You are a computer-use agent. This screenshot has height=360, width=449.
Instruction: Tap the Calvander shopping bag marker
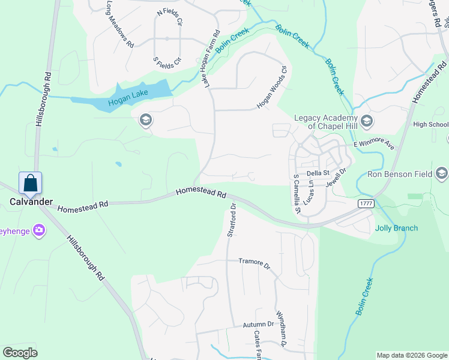click(x=30, y=182)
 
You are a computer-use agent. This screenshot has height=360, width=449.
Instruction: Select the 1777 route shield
click(x=366, y=204)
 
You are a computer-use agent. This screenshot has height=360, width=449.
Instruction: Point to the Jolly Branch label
click(x=396, y=228)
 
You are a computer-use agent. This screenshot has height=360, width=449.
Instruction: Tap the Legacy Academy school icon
click(x=367, y=122)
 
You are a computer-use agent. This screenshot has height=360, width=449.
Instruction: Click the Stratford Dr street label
click(x=232, y=220)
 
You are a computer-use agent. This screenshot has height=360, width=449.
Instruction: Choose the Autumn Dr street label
click(x=258, y=325)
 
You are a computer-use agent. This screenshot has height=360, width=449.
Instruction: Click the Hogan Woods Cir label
click(x=273, y=91)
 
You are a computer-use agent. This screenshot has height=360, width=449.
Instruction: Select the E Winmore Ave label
click(x=373, y=145)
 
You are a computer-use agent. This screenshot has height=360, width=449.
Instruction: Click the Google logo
click(x=20, y=353)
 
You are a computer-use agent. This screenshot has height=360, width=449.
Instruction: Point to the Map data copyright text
click(x=411, y=355)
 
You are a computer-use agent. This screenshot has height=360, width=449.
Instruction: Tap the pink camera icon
click(x=39, y=230)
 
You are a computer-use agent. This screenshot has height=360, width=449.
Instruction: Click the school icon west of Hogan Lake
click(x=145, y=121)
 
